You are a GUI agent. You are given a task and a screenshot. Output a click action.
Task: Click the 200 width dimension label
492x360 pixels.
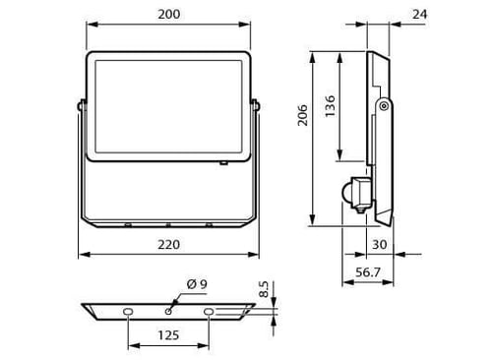[x=169, y=15]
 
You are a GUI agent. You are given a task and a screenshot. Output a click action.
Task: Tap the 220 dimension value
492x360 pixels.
[x=169, y=245]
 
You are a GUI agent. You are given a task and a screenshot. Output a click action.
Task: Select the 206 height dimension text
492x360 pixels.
[x=302, y=115]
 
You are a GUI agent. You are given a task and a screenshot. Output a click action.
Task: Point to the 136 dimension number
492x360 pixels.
[x=330, y=106]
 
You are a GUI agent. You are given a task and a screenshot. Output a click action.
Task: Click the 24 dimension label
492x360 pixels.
[x=419, y=15]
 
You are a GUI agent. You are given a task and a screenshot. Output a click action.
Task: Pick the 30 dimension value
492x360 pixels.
[x=380, y=245]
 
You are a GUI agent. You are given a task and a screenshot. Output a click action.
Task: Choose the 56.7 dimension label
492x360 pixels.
[x=368, y=272]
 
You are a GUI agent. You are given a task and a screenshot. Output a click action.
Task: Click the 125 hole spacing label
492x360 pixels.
[x=168, y=335]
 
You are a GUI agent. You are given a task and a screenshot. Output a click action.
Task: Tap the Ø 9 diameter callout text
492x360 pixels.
[x=197, y=284]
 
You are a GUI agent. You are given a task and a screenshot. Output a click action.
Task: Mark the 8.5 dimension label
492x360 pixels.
[x=264, y=289]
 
